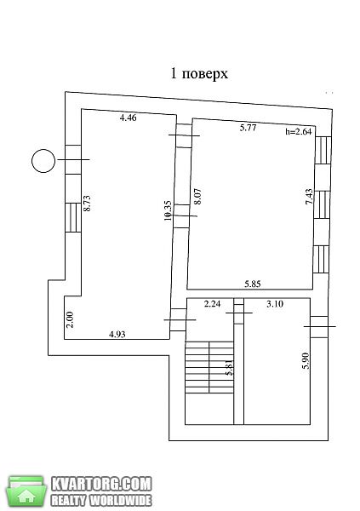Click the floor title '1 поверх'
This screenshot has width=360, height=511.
pos(199,74)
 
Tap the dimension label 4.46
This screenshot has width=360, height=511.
pos(128,118)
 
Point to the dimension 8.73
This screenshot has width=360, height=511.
pos(87,204)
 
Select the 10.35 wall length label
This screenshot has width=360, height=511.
pos(168,210)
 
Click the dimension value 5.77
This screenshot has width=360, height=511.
pos(249,128)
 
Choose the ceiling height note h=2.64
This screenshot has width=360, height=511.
pos(299,131)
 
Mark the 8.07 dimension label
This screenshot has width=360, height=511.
pos(197,196)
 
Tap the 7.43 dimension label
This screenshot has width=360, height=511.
pos(309,197)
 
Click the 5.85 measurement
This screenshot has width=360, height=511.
pos(253,284)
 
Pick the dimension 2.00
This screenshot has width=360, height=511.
pos(70,319)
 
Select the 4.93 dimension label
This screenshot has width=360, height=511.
pos(117,334)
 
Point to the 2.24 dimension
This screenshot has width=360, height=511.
pos(212,304)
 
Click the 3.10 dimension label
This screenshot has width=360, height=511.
pos(275,304)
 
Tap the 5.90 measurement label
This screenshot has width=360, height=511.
pos(306,361)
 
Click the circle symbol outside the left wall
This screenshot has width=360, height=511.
pos(43,161)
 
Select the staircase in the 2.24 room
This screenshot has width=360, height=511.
pos(209,367)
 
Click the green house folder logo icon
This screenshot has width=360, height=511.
pos(26,491)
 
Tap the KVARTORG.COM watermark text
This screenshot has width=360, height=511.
pos(101,485)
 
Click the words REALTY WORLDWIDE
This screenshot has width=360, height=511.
pos(101,500)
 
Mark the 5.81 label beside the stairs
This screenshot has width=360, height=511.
pos(230,367)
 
